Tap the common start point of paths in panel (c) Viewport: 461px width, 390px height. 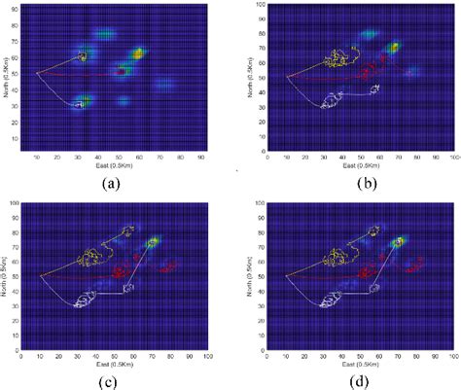point(41,276)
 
